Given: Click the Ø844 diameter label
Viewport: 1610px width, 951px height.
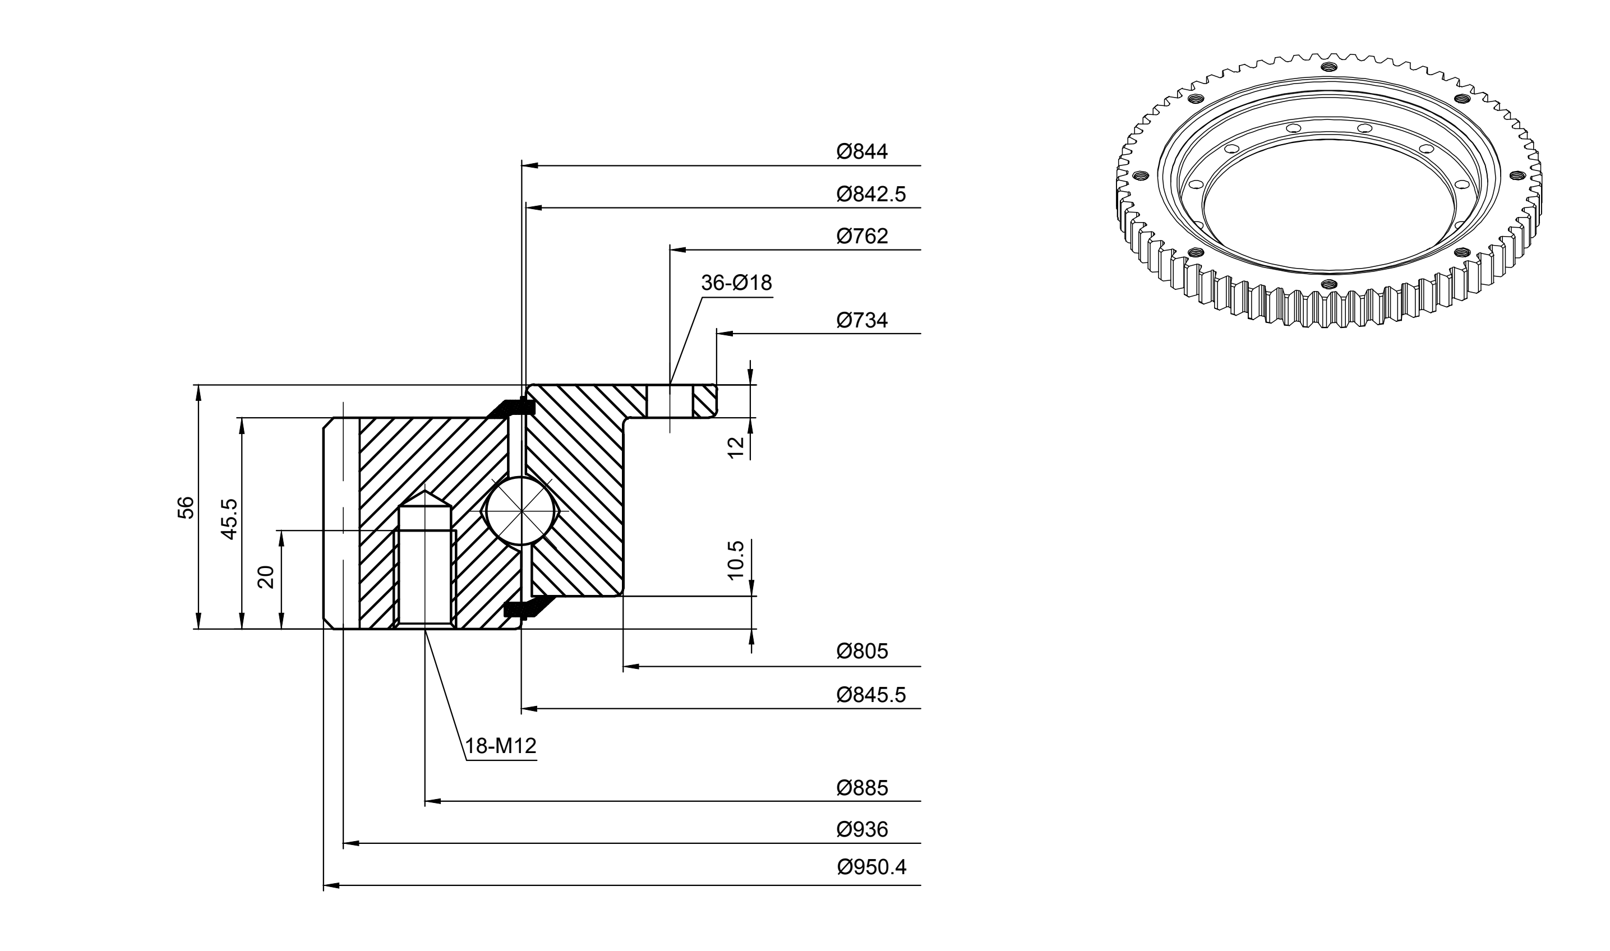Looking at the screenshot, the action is coord(862,151).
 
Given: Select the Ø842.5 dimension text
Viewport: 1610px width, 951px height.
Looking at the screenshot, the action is coord(871,193).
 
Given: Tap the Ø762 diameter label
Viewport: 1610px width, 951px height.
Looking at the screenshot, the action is coord(862,236).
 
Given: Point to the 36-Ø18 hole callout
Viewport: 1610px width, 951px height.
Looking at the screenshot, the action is coord(736,283).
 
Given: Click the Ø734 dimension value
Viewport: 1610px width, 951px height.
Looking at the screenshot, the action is coord(862,320).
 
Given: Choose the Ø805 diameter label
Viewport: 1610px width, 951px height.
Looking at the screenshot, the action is coord(862,652).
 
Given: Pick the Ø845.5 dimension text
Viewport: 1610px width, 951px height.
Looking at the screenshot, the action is coord(871,695).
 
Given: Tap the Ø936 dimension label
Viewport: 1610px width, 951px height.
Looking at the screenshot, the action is coord(862,829).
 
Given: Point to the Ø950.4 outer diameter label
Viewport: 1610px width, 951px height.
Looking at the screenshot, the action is coord(871,867).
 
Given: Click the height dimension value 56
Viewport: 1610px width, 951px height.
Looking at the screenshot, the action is coord(185,507).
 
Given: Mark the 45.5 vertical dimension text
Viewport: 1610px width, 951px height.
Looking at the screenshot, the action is coord(229,519).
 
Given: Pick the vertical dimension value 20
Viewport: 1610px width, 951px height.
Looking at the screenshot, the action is coord(265,577).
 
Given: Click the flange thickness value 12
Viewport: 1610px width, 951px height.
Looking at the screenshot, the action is coord(736,447).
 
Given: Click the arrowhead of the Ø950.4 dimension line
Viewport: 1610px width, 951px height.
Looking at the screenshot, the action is coord(331,885).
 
